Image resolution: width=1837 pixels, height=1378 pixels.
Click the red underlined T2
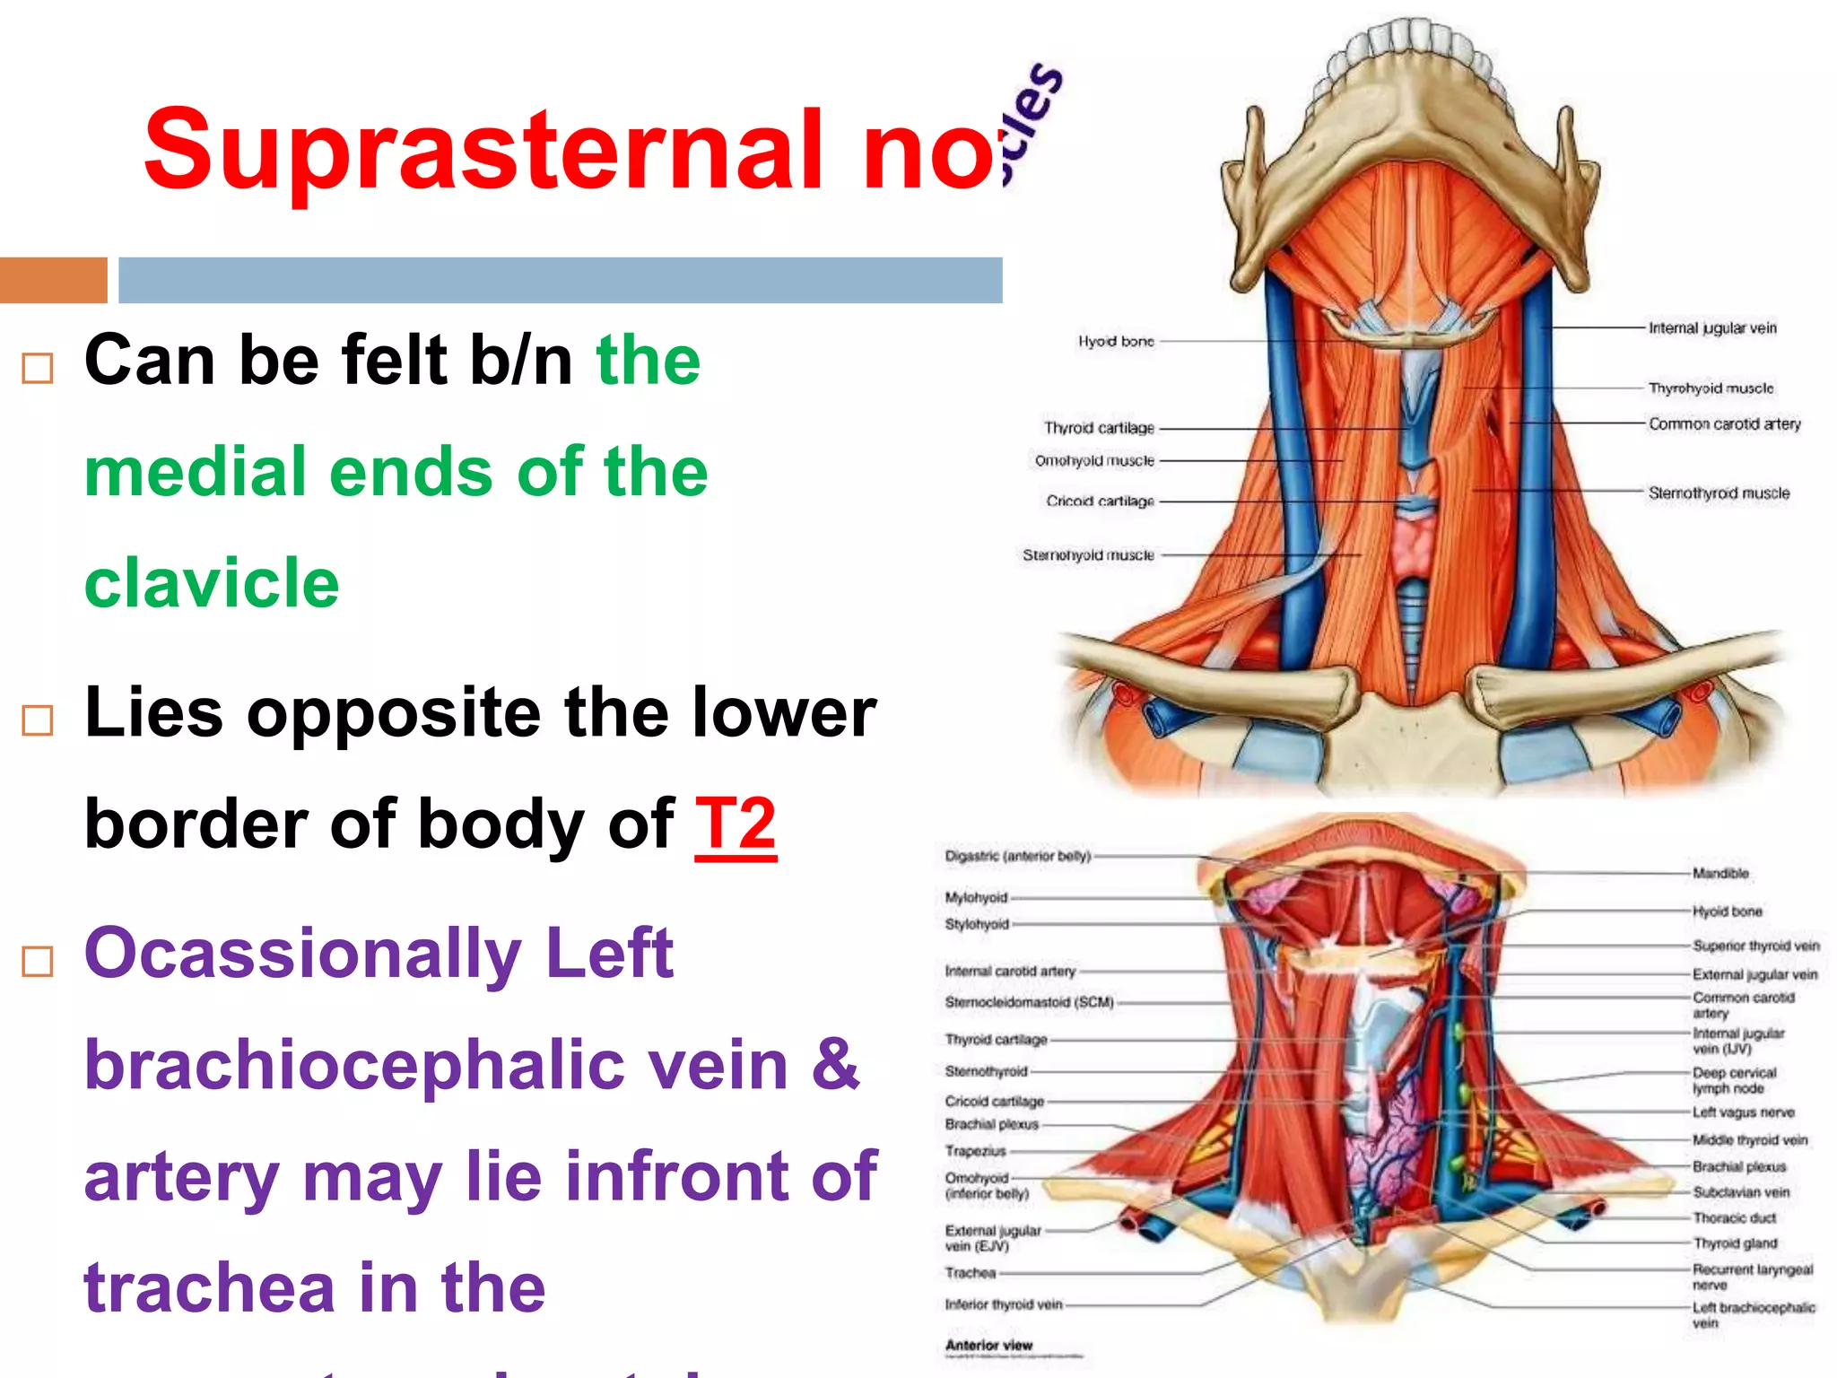coord(736,824)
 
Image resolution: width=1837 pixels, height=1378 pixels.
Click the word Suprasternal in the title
coord(484,151)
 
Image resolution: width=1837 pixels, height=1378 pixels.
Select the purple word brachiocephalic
coord(437,1065)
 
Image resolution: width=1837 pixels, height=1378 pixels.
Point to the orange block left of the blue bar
coord(53,280)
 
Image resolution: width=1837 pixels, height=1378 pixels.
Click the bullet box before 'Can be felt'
coord(38,368)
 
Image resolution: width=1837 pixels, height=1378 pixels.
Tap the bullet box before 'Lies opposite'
coord(38,720)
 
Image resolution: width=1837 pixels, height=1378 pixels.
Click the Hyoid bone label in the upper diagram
coord(1116,342)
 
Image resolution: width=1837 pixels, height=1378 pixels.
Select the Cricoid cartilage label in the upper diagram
coord(1100,501)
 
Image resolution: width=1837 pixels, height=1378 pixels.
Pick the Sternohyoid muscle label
coord(1088,555)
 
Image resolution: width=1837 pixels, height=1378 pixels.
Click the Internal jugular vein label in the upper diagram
coord(1712,328)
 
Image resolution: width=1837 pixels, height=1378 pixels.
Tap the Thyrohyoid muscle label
coord(1711,388)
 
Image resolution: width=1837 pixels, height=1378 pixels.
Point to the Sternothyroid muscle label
coord(1719,493)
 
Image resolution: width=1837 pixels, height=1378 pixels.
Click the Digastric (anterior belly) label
coord(1018,856)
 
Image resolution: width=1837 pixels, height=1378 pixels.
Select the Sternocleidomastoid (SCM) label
coord(1029,1002)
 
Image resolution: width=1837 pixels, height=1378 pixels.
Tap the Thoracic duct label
coord(1734,1218)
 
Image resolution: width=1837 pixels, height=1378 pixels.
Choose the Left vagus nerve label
coord(1743,1112)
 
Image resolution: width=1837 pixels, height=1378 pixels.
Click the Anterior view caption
coord(988,1345)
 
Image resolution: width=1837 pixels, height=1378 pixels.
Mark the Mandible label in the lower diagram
coord(1720,873)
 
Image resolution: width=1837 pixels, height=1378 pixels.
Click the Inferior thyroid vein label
coord(1004,1304)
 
